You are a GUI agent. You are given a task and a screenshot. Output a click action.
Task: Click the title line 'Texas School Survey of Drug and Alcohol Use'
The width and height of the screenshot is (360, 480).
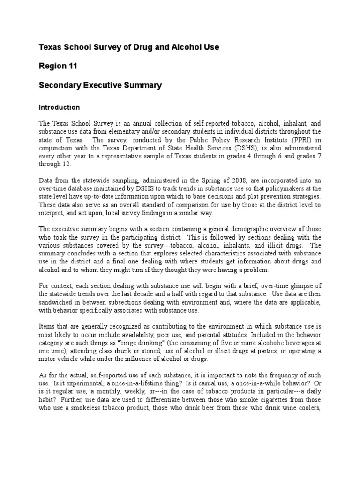click(x=128, y=47)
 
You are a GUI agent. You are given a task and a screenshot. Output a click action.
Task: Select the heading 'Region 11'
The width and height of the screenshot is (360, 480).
click(x=58, y=66)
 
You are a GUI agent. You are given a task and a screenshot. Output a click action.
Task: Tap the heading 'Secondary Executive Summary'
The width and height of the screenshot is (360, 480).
click(x=100, y=85)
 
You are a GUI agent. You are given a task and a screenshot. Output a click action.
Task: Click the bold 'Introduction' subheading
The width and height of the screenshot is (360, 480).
click(x=59, y=107)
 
